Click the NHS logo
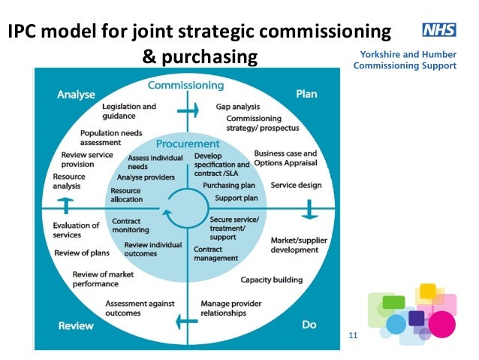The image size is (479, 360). (439, 31)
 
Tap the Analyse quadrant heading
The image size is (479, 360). (76, 95)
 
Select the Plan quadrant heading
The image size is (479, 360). (306, 95)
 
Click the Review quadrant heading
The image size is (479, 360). (75, 325)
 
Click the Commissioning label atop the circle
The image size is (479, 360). (185, 85)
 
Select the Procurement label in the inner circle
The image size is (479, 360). (188, 144)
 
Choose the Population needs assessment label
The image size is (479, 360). (110, 138)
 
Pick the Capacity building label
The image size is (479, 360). (271, 280)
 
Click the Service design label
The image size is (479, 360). (296, 185)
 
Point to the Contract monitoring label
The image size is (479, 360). (130, 225)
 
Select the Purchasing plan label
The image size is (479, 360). (229, 185)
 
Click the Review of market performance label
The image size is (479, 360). (104, 279)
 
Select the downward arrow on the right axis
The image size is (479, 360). (309, 213)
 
